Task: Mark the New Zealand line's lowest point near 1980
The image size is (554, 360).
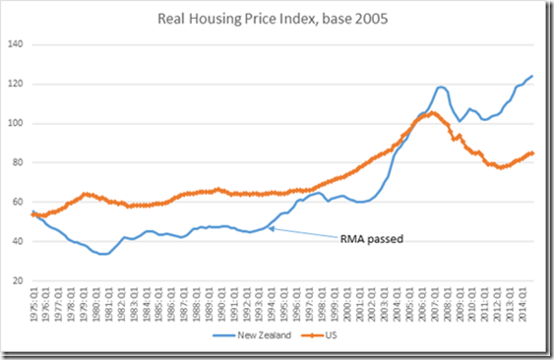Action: pos(103,254)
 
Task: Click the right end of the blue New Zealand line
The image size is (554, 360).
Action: pos(533,76)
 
